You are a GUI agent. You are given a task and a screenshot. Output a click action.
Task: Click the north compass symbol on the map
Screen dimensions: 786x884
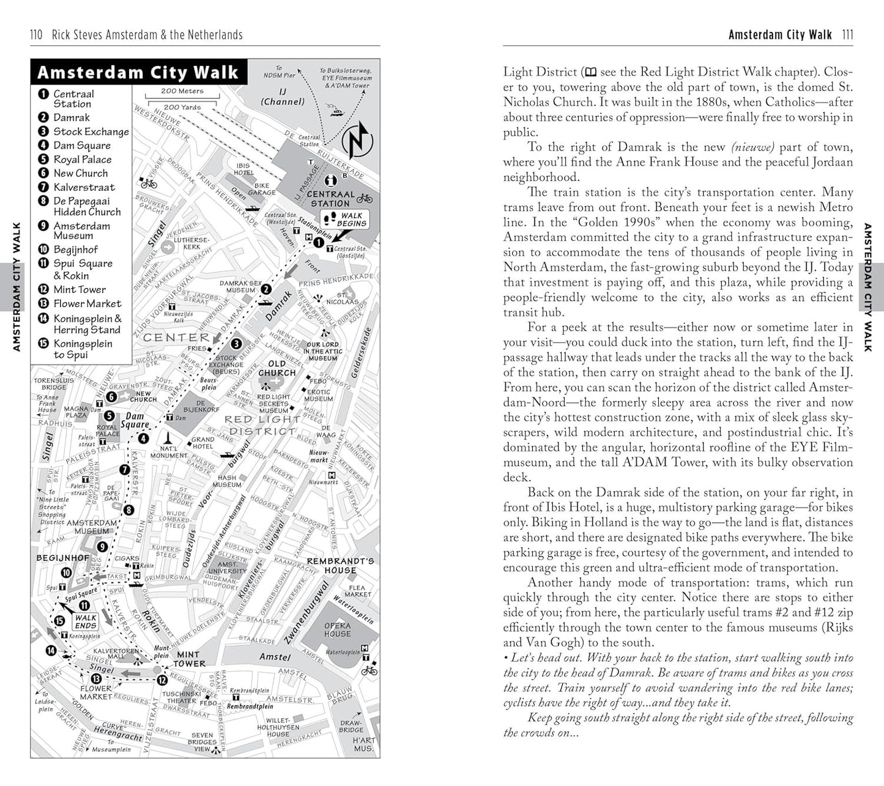(355, 140)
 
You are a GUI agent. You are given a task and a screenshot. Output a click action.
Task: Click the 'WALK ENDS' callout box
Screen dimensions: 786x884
(86, 621)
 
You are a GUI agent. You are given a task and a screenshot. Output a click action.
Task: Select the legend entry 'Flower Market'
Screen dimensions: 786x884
(87, 303)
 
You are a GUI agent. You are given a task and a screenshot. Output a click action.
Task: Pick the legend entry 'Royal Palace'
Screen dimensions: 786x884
(82, 159)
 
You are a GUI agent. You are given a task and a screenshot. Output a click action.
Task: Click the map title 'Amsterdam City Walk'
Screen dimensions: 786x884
(138, 72)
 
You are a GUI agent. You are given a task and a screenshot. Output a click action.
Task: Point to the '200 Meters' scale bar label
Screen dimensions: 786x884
(182, 91)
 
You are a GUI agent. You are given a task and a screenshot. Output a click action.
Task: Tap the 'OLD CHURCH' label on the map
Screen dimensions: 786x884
(277, 368)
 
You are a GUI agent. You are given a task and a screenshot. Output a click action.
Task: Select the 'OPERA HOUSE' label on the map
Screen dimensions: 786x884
(337, 629)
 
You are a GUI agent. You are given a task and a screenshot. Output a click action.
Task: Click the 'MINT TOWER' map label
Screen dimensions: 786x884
(189, 659)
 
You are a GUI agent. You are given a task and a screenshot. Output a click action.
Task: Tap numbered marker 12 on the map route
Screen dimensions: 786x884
(162, 680)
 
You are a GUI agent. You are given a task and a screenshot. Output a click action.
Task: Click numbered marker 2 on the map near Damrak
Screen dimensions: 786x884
(266, 289)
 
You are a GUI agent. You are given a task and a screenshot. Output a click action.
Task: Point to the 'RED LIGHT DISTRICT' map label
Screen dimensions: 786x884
(262, 425)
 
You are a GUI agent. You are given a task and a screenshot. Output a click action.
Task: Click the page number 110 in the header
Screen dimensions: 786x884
(36, 35)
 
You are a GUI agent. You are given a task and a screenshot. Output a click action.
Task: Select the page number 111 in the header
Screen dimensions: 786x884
(847, 35)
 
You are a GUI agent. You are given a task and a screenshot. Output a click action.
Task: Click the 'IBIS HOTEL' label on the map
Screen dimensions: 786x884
(243, 169)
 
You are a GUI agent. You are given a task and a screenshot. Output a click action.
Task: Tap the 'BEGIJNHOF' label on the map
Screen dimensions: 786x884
(62, 558)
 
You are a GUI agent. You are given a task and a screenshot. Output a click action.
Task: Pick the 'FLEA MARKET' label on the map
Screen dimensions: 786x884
(357, 591)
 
